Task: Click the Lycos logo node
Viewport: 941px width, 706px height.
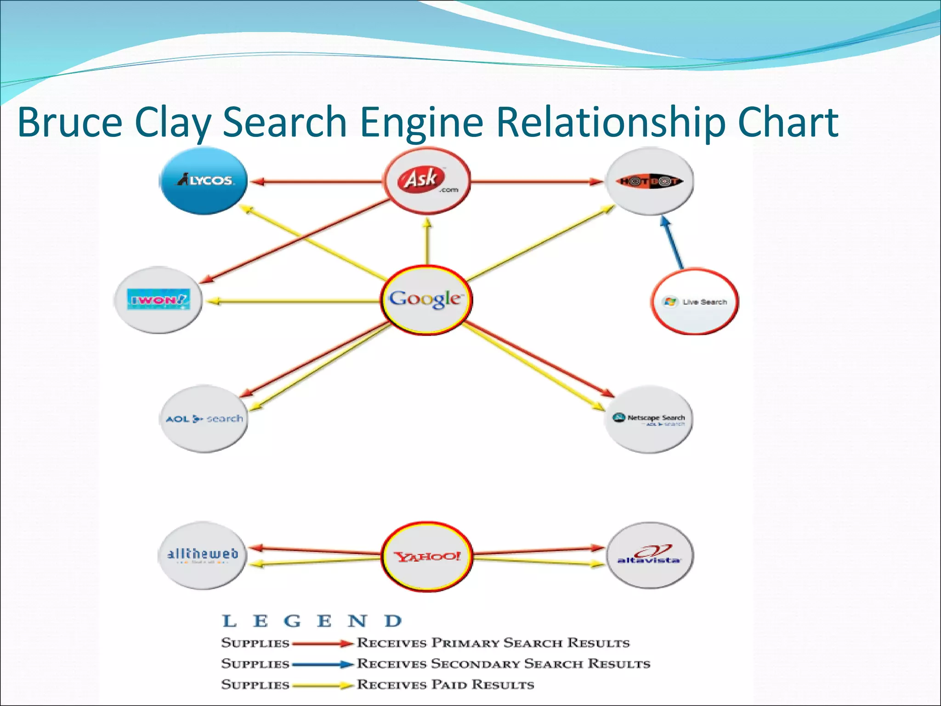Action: (204, 181)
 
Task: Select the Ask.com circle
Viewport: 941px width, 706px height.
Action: (427, 181)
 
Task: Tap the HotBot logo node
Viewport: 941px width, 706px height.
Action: (650, 181)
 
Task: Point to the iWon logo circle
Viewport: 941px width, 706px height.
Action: (158, 300)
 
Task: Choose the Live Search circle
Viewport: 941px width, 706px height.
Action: (695, 302)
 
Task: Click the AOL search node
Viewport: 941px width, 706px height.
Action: (204, 419)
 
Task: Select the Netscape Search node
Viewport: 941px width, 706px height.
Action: (649, 419)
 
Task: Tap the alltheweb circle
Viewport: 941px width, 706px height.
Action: (202, 555)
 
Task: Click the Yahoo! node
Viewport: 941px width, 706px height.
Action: (427, 556)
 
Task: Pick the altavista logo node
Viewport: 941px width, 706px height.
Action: (649, 555)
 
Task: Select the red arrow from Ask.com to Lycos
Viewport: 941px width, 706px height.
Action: (317, 182)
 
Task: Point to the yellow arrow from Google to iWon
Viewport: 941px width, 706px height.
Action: (294, 302)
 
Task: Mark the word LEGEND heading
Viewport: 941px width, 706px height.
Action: (312, 621)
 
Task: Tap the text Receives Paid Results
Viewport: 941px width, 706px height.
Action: (446, 684)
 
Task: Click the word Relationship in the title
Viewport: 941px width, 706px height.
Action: (611, 122)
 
